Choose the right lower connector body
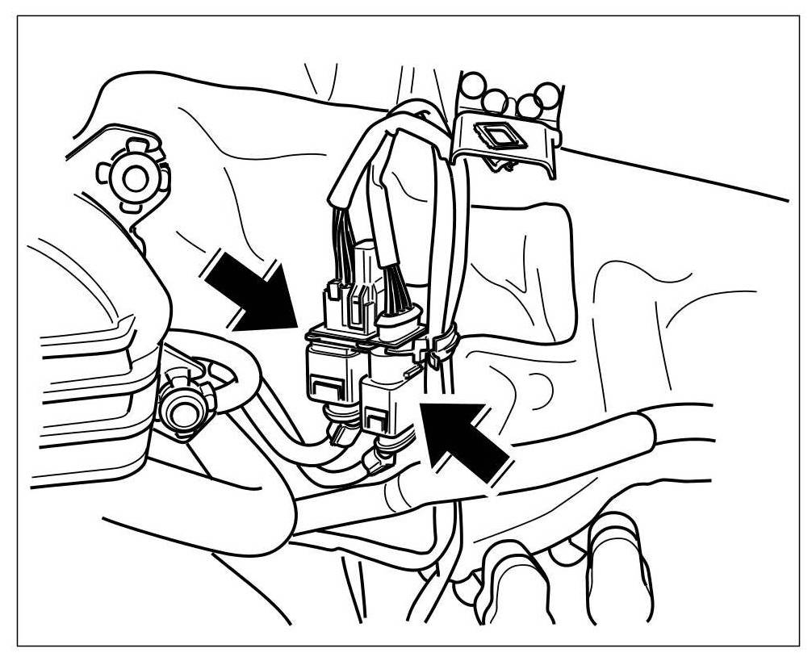coord(386,408)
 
